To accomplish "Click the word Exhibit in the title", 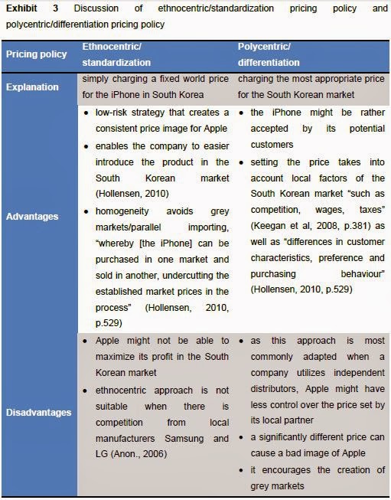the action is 21,8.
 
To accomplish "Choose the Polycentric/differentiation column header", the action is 269,54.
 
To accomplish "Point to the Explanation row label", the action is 33,87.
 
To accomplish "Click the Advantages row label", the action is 32,216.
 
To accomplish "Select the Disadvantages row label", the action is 38,412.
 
